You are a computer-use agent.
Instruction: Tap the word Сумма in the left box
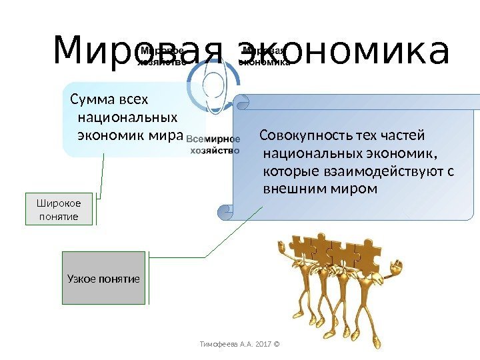(x=92, y=100)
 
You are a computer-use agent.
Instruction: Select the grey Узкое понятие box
(x=103, y=278)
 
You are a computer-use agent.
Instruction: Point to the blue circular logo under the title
(x=214, y=83)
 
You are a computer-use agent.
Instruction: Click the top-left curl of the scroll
(x=241, y=102)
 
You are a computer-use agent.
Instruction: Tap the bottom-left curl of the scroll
(x=225, y=212)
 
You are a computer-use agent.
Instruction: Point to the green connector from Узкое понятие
(x=200, y=255)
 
